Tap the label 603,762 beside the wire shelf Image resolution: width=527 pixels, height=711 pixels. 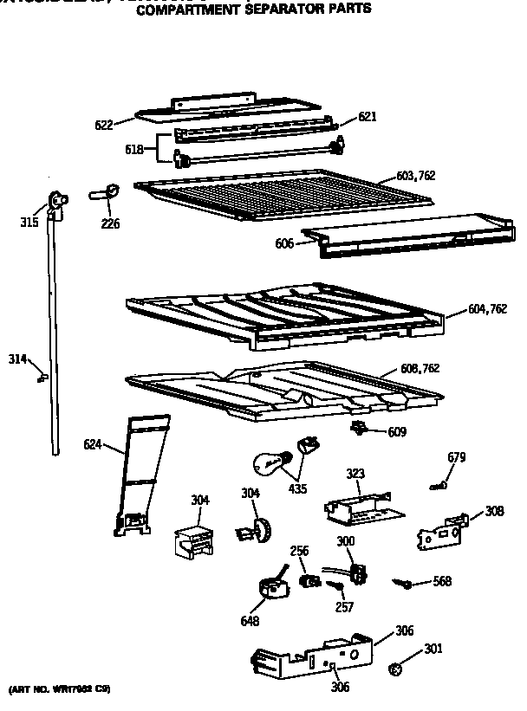point(415,176)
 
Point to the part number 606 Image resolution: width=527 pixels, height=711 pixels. point(284,244)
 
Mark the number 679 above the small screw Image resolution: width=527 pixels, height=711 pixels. point(457,457)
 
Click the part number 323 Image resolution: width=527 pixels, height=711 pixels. point(356,475)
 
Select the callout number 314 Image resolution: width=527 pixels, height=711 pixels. point(17,359)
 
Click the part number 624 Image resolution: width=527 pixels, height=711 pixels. point(93,445)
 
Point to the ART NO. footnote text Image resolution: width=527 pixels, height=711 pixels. point(60,690)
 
